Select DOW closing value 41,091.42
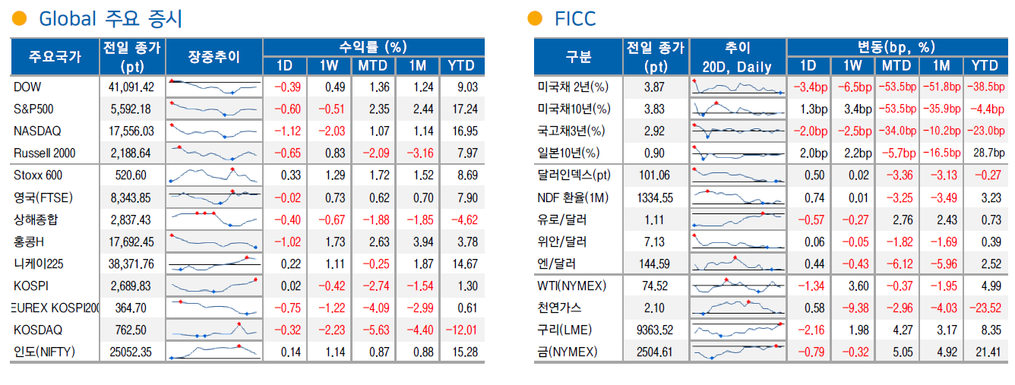(131, 87)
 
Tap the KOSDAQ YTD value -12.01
(462, 330)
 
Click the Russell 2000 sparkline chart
(214, 153)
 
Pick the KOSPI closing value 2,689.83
(131, 286)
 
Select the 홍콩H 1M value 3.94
(420, 242)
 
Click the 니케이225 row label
(39, 264)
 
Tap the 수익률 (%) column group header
(373, 47)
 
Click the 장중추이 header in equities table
(213, 56)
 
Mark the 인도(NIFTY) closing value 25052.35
(131, 352)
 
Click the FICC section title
(575, 19)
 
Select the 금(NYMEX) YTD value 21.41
(985, 352)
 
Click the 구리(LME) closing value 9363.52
(653, 330)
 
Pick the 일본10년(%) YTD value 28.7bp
(985, 153)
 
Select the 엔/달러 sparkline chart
(738, 264)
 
